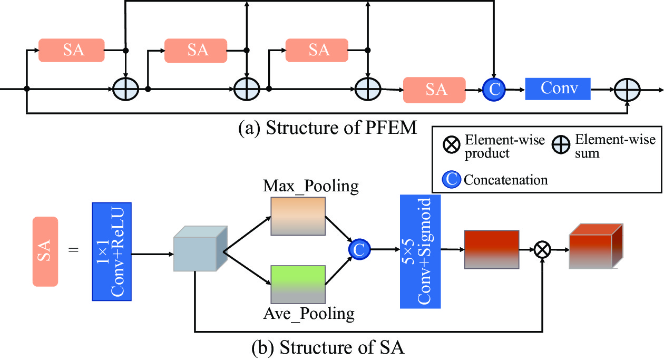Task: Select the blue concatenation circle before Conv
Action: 494,90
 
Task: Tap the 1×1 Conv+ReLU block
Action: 111,252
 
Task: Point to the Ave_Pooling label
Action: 309,314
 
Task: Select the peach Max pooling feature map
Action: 298,216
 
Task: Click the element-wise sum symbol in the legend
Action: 563,145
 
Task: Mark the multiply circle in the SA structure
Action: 542,250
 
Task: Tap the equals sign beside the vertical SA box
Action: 73,249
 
